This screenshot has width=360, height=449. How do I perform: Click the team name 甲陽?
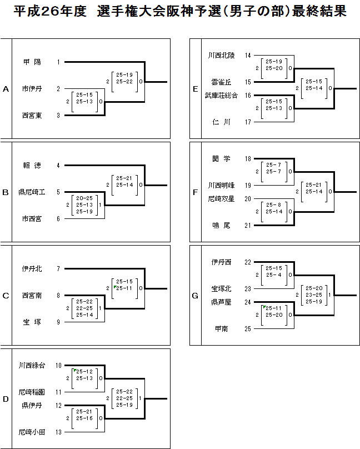(x=32, y=62)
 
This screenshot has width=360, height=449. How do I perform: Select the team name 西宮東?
(x=32, y=116)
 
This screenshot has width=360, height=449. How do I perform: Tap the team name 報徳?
(x=32, y=165)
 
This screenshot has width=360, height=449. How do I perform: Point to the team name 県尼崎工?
(x=32, y=192)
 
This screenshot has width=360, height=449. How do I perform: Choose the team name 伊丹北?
(x=32, y=268)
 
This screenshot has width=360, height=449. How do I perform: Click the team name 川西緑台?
(x=32, y=366)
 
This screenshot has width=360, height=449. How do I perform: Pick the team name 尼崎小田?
(x=32, y=432)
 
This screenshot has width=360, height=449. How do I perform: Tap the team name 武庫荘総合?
(x=221, y=96)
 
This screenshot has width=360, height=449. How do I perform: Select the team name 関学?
(x=221, y=158)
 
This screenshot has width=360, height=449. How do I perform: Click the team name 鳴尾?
(x=221, y=226)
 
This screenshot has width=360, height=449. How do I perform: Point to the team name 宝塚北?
(x=221, y=288)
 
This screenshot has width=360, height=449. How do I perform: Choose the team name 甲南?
(x=222, y=329)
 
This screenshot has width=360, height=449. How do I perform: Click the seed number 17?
(x=248, y=122)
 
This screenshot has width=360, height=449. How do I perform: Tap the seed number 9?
(x=58, y=322)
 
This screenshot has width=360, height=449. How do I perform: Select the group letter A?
(x=6, y=89)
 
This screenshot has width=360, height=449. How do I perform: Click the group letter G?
(x=195, y=296)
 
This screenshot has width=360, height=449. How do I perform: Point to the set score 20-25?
(x=84, y=198)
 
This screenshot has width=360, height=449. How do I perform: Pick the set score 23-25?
(x=314, y=295)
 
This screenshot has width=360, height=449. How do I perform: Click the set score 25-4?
(x=274, y=275)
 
